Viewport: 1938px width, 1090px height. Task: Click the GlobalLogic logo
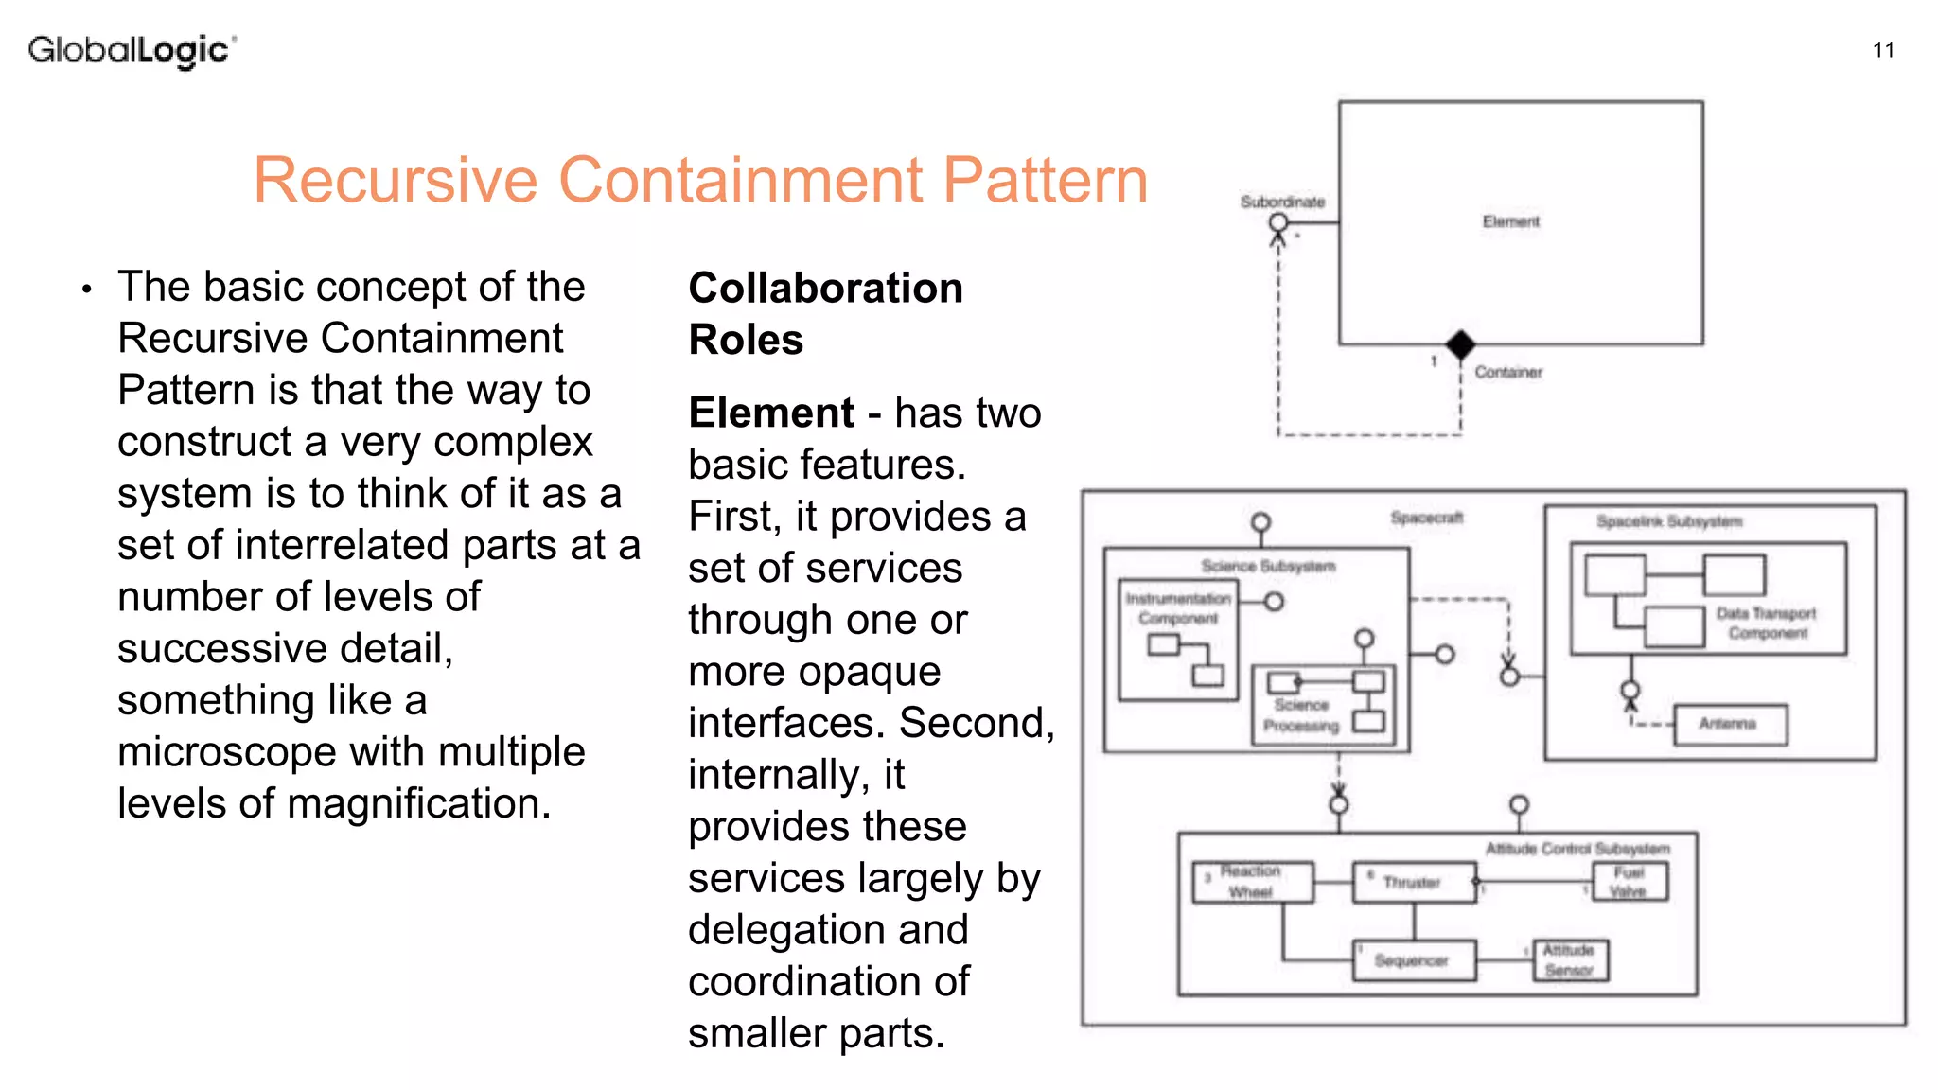click(131, 50)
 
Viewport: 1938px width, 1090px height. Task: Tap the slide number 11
click(1883, 50)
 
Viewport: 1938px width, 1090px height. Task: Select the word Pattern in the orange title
click(1045, 180)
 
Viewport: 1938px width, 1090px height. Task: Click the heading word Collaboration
click(825, 288)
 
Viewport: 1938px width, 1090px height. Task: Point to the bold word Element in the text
click(771, 413)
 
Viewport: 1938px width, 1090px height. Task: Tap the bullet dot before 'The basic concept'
click(86, 289)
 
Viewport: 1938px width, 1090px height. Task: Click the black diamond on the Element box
click(1460, 345)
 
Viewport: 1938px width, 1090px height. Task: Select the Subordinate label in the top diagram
click(1282, 202)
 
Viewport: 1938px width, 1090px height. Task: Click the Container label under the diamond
click(1507, 373)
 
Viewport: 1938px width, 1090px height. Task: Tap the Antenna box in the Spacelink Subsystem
click(1730, 725)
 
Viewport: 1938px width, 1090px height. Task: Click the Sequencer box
click(1413, 960)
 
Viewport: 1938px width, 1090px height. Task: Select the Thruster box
click(1414, 883)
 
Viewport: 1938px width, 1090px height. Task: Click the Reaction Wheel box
click(1252, 882)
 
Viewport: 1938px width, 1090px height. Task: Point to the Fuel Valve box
click(1630, 882)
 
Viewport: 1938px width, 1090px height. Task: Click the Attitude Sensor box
click(1570, 960)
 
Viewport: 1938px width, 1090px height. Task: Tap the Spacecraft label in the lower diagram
click(1426, 518)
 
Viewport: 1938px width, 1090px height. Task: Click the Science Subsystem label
click(1268, 566)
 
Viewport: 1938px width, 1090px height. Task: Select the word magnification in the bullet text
click(418, 804)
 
